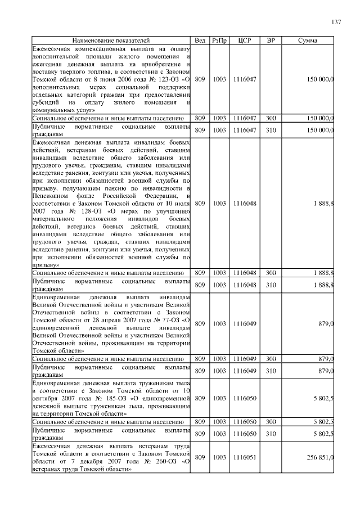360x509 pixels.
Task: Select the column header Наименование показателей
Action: coord(111,40)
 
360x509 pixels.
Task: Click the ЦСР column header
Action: coord(244,40)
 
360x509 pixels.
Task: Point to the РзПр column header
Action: coord(219,40)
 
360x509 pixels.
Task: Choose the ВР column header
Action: coord(271,40)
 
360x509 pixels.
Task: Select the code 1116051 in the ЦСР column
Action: coord(244,458)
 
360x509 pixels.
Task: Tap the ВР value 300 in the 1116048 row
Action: coord(271,272)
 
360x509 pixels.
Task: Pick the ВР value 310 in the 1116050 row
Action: coord(271,434)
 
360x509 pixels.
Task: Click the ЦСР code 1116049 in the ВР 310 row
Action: coord(244,370)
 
